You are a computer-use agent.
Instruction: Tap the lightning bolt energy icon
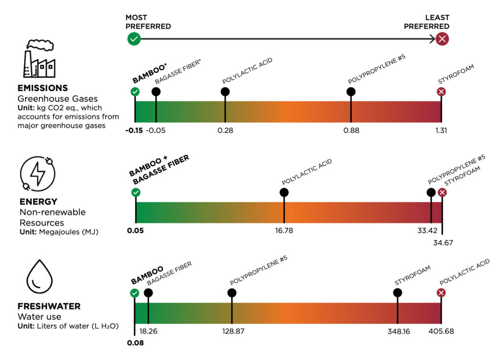click(37, 175)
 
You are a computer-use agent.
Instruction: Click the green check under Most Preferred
click(134, 39)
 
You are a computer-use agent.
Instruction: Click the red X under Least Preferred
click(442, 39)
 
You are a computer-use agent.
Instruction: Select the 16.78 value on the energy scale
click(284, 231)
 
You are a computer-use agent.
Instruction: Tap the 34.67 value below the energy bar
click(443, 242)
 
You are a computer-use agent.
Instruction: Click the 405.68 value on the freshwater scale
click(441, 331)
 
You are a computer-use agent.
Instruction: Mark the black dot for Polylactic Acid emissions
click(225, 91)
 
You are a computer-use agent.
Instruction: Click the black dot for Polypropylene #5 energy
click(431, 192)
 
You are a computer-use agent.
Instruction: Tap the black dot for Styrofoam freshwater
click(398, 293)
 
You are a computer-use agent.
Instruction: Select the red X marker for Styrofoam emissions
click(441, 92)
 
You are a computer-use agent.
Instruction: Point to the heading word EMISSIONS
click(43, 88)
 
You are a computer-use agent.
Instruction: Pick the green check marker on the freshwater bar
click(134, 293)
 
